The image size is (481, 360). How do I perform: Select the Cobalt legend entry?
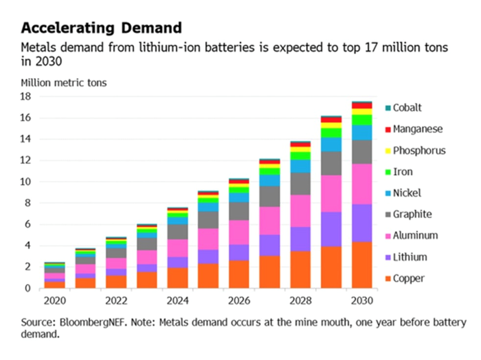click(407, 108)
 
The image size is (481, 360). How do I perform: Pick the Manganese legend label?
click(418, 129)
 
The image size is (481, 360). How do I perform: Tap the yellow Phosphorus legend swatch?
click(388, 151)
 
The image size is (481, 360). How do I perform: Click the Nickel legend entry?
click(407, 193)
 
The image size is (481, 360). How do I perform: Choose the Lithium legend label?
click(410, 257)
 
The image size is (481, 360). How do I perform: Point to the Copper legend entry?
click(408, 279)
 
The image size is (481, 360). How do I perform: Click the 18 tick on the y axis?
click(25, 97)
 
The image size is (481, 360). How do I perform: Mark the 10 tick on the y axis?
click(25, 182)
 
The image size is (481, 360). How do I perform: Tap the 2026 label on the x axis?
click(238, 301)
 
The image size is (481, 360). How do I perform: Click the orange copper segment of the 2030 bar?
click(362, 265)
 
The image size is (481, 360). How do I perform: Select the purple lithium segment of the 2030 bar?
click(362, 223)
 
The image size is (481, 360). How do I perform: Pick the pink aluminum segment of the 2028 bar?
click(300, 211)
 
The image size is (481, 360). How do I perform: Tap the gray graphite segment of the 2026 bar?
click(239, 211)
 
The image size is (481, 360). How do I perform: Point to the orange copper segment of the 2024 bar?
click(178, 278)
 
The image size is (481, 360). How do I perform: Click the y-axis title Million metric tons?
click(64, 82)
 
